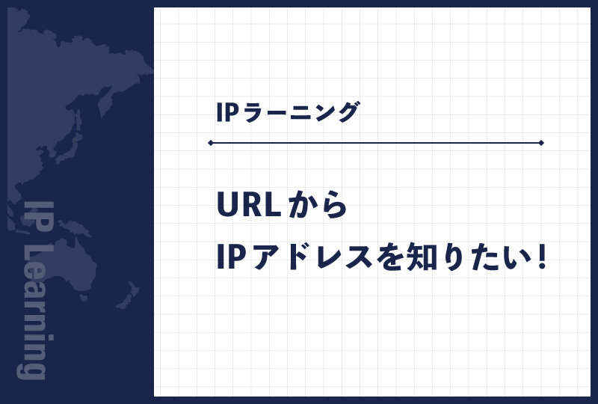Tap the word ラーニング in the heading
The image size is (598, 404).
299,113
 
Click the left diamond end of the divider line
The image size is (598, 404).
211,142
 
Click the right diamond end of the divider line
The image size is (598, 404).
541,142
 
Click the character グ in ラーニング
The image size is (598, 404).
345,113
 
